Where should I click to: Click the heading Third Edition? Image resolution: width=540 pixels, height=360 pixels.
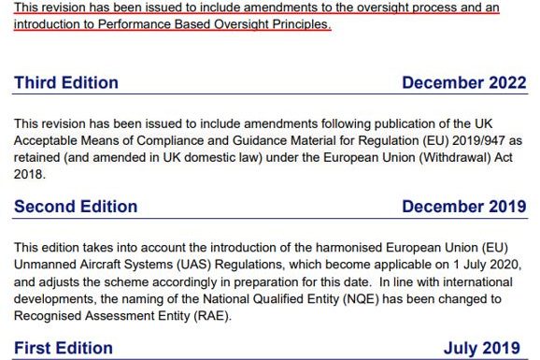65,83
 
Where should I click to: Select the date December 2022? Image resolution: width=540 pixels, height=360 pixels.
463,83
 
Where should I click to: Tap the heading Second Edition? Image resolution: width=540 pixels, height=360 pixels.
75,208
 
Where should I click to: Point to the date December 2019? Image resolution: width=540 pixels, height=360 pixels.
463,208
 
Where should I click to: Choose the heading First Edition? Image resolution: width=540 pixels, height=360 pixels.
64,349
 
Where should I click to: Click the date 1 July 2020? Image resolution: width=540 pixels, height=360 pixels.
488,266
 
